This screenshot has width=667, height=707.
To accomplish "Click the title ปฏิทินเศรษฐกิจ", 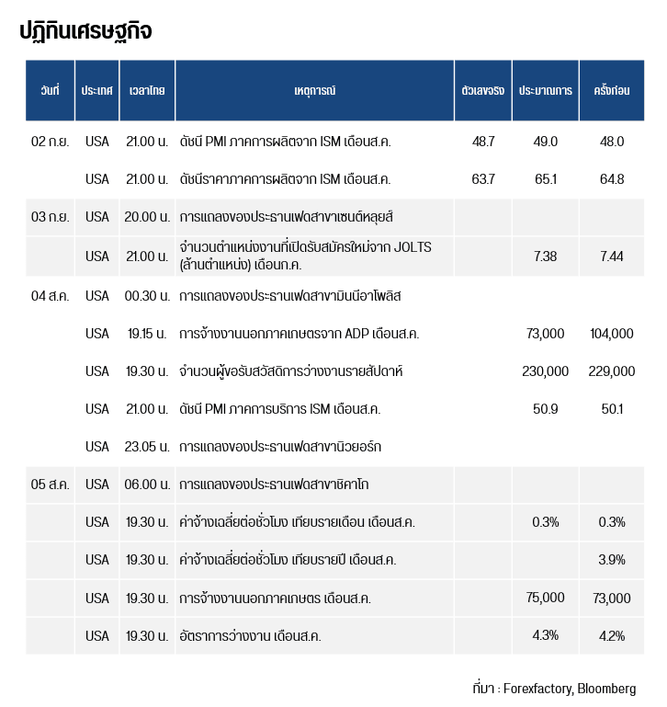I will [x=85, y=31].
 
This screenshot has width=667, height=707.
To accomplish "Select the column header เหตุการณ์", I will [x=314, y=91].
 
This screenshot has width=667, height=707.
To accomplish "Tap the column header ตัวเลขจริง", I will [x=483, y=91].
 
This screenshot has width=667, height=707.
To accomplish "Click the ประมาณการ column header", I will [x=546, y=91].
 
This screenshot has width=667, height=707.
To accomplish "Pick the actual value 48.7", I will [x=483, y=142].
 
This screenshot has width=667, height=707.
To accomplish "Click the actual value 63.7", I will [x=483, y=178].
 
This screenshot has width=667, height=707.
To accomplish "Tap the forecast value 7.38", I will [x=546, y=257].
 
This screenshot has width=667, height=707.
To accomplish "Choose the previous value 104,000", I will [x=612, y=334].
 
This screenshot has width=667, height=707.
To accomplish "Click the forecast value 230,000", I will [x=546, y=371].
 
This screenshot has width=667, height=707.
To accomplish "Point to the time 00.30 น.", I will [x=147, y=296].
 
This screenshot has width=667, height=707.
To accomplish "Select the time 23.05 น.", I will [x=147, y=447].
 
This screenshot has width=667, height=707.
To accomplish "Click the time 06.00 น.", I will [x=147, y=485].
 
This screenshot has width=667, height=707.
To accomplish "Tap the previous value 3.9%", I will [x=612, y=560].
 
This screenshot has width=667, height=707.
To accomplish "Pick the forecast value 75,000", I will [x=546, y=598].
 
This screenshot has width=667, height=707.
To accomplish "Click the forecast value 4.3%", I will [x=546, y=635].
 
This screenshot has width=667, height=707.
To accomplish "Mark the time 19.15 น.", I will [x=147, y=334].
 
